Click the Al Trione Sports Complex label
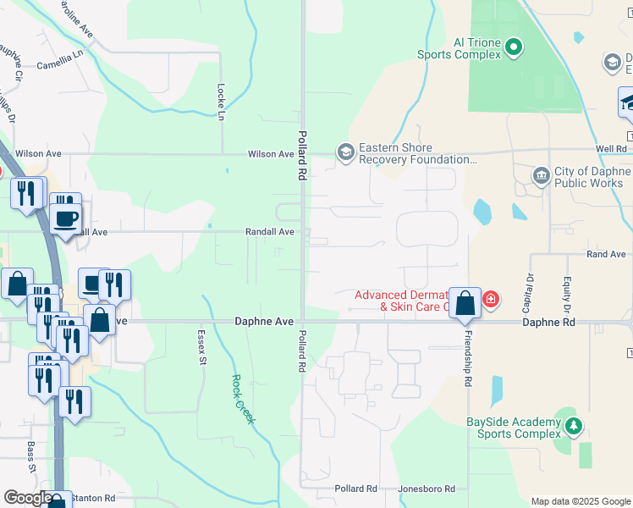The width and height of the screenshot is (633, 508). pyautogui.click(x=459, y=48)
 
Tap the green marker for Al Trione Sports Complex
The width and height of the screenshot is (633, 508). pyautogui.click(x=515, y=49)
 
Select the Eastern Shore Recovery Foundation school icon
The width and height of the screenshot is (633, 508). pyautogui.click(x=345, y=152)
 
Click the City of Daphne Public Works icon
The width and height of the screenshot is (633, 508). pyautogui.click(x=541, y=176)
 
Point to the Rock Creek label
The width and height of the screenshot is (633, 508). pyautogui.click(x=244, y=399)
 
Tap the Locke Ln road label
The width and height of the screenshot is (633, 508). pyautogui.click(x=222, y=101)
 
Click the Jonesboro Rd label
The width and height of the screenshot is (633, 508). pyautogui.click(x=427, y=489)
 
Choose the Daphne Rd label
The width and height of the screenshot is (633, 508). pyautogui.click(x=548, y=323)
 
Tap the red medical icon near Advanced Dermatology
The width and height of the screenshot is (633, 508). pyautogui.click(x=490, y=299)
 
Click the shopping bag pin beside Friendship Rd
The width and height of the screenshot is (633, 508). pyautogui.click(x=465, y=303)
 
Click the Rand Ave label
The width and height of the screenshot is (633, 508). pyautogui.click(x=606, y=254)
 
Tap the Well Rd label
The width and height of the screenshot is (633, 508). pyautogui.click(x=610, y=148)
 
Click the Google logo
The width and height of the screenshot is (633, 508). pyautogui.click(x=28, y=499)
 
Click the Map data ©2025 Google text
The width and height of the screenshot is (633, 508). pyautogui.click(x=580, y=501)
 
